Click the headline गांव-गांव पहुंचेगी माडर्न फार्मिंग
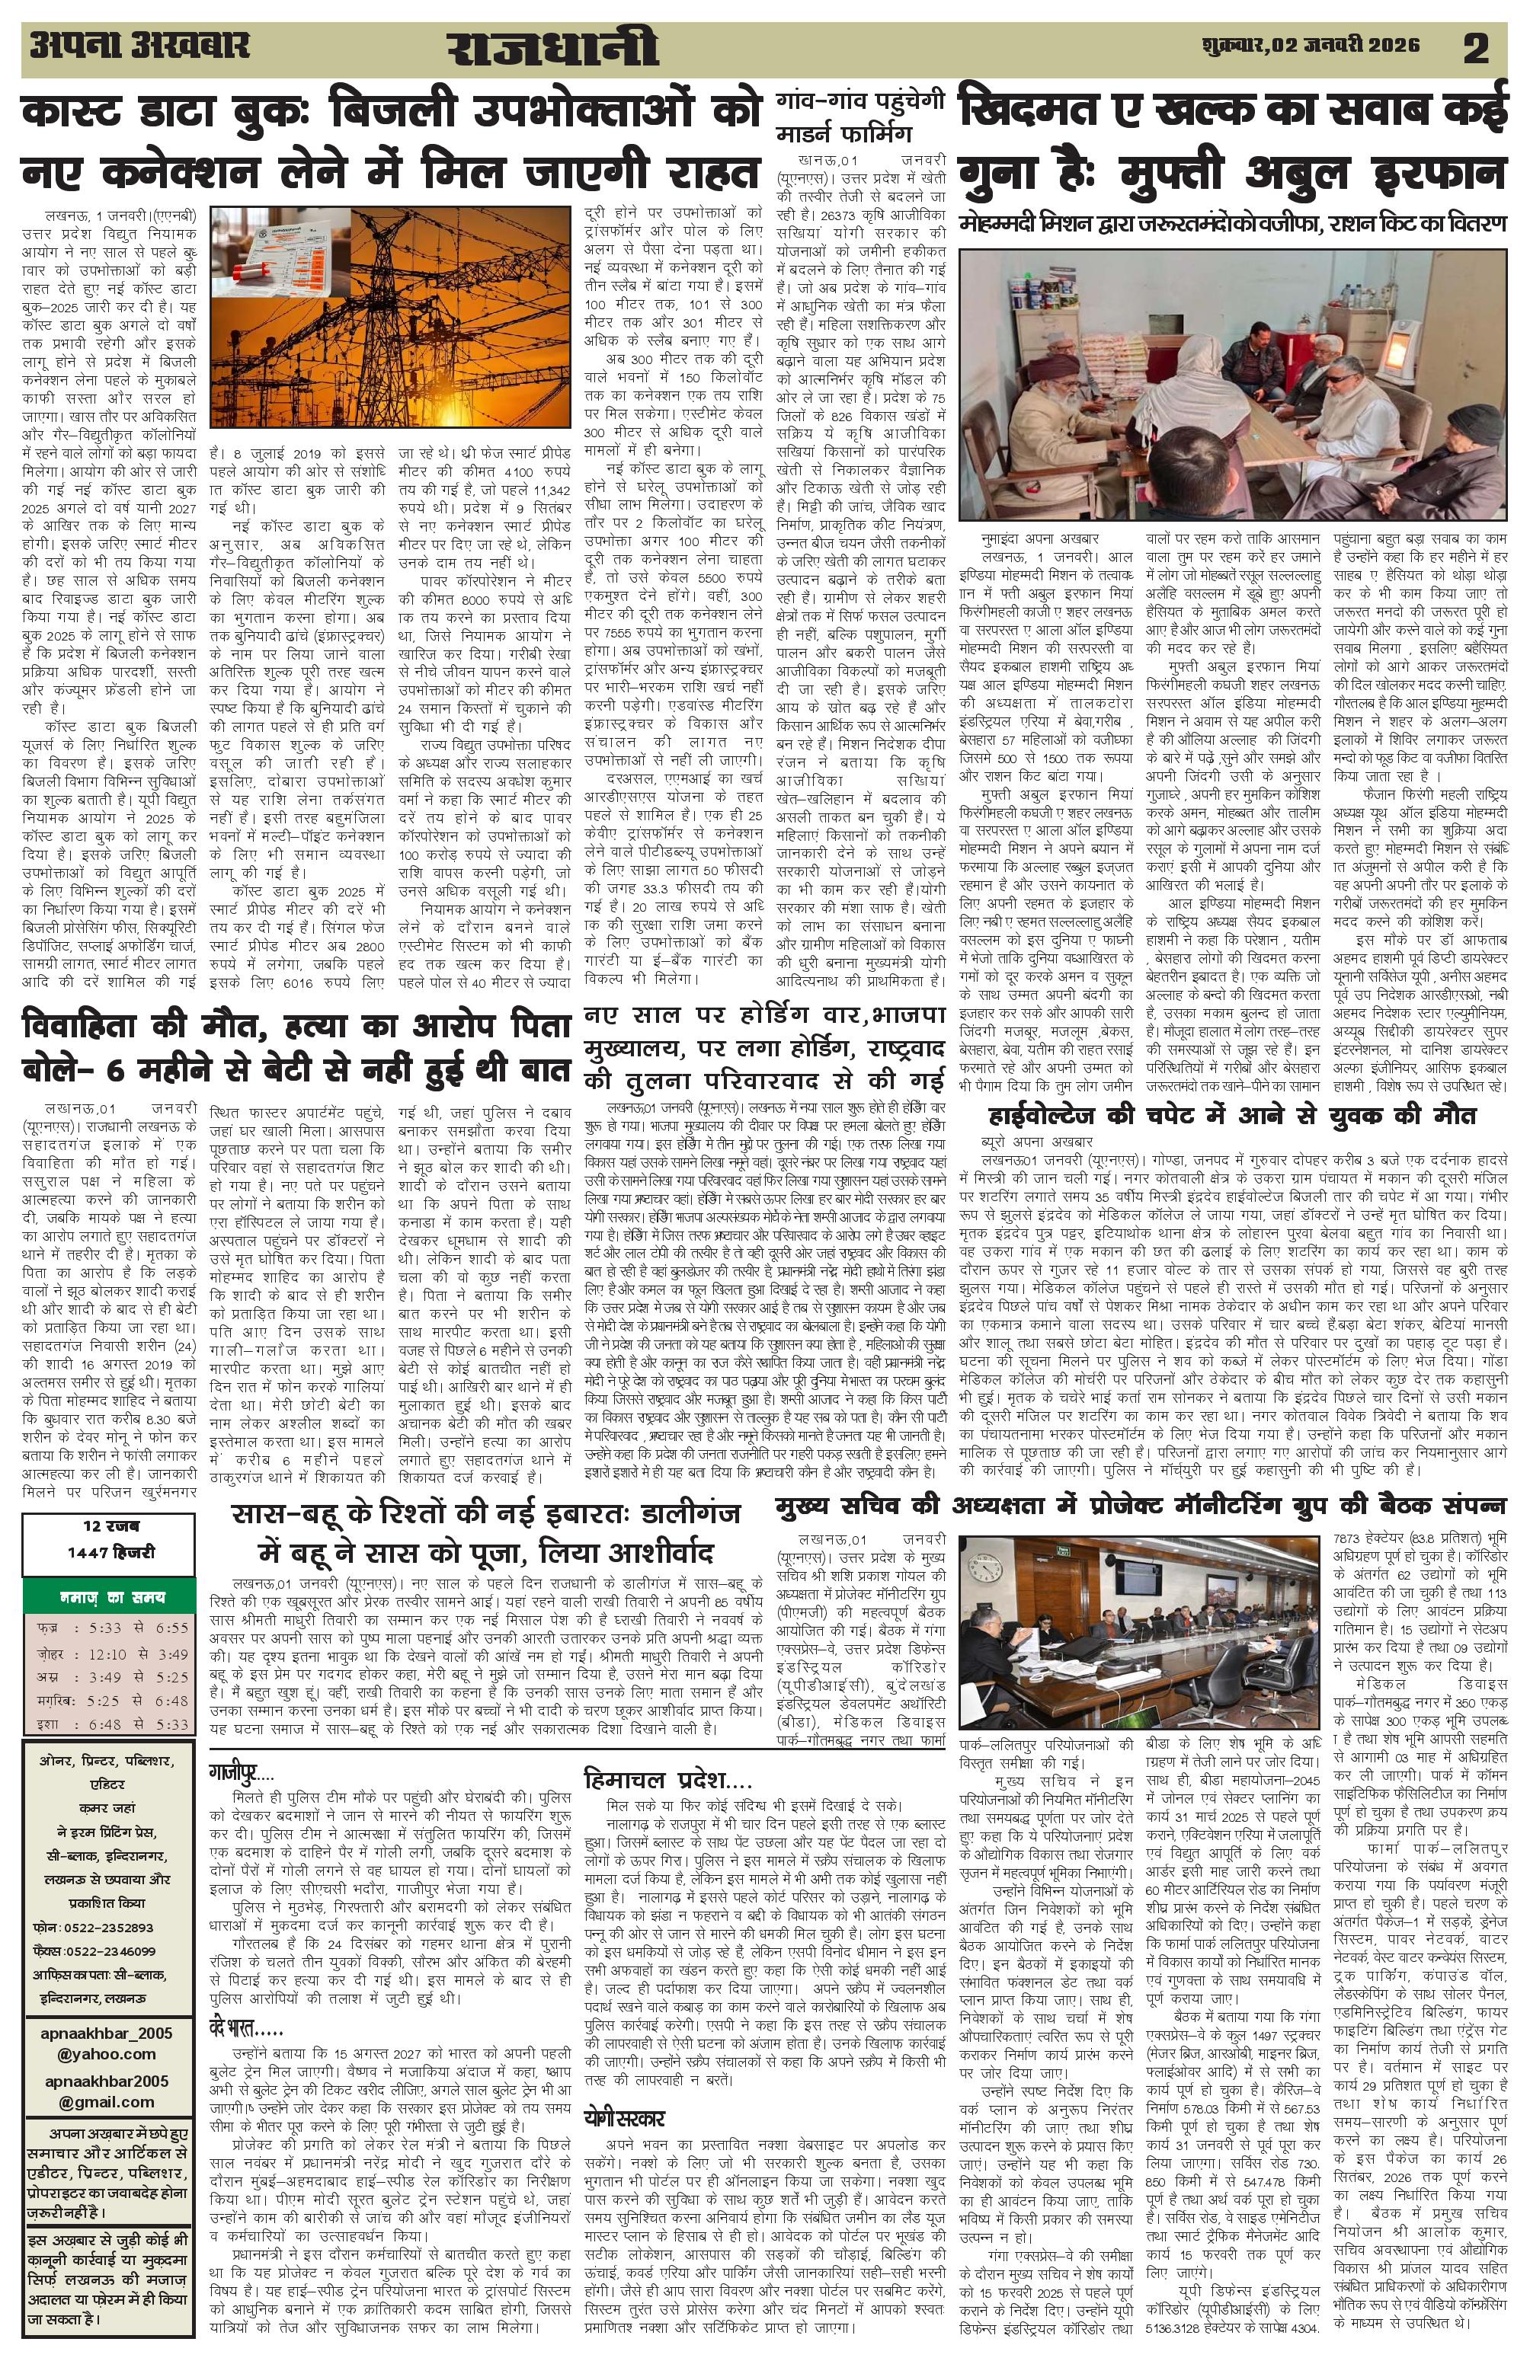[x=859, y=116]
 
